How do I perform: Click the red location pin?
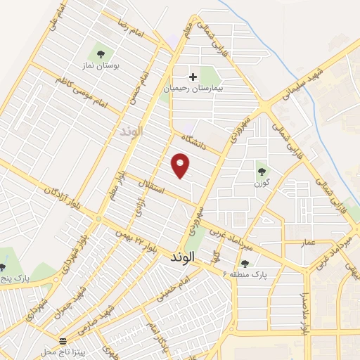coord(181,165)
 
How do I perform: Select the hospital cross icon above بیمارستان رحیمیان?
coord(193,76)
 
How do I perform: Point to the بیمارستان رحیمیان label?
coord(192,89)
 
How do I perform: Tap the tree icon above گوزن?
coord(262,171)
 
